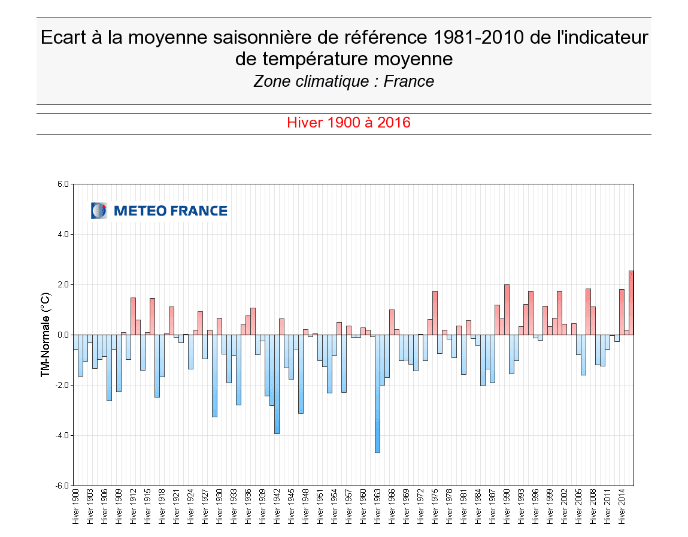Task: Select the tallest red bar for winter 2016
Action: coord(631,302)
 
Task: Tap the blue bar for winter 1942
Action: coord(277,384)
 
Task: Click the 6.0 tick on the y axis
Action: coord(62,184)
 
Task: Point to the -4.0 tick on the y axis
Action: coord(62,435)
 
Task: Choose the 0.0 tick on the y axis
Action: coord(62,335)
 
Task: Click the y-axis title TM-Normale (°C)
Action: coord(45,335)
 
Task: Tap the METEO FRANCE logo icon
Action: coord(99,211)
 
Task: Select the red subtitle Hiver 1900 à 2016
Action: coord(348,123)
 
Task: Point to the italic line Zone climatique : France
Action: coord(344,81)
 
